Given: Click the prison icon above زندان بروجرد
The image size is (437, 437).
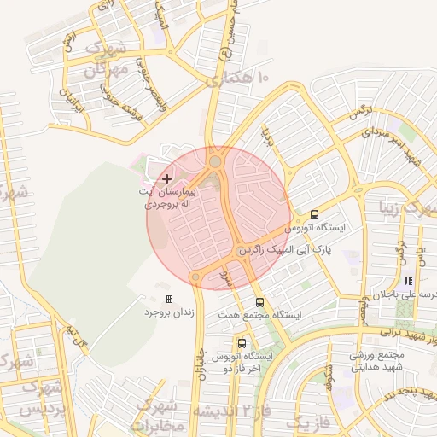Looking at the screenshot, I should [169, 299].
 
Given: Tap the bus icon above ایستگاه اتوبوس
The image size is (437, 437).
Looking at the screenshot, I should [314, 214].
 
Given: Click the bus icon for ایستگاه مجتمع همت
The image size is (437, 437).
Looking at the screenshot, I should [260, 301].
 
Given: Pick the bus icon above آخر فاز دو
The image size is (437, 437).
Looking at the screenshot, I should [242, 342].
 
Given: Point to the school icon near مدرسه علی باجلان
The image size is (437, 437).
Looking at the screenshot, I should [408, 281].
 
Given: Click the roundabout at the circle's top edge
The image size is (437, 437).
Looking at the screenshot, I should [215, 160].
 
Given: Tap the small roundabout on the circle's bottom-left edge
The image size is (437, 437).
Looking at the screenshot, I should [195, 277].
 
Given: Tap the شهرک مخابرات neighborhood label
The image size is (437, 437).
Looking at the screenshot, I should [159, 414].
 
